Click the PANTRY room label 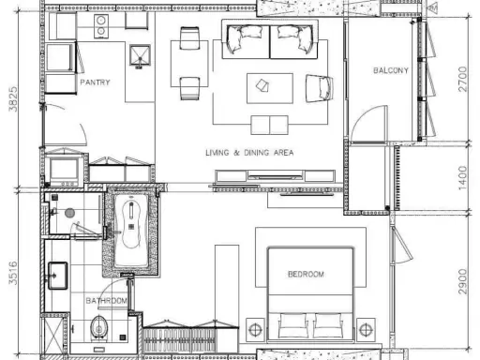[x=95, y=82]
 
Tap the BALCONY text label [x=391, y=70]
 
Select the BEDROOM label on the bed [x=306, y=274]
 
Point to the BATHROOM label [x=107, y=301]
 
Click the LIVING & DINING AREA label [x=249, y=153]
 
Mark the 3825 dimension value [x=13, y=98]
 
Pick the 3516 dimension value [x=13, y=273]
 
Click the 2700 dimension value [x=463, y=79]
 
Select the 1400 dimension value [x=463, y=178]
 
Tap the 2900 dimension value [x=463, y=281]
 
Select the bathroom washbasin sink [x=58, y=276]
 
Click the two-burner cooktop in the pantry [x=101, y=26]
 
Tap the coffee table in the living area [x=270, y=88]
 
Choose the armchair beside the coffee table [x=319, y=88]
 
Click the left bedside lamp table [x=255, y=329]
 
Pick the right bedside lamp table [x=366, y=329]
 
